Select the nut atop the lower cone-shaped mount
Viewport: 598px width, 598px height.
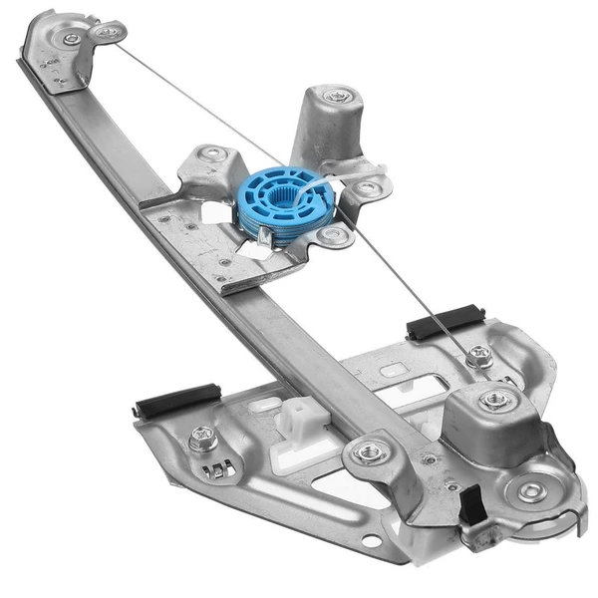tap(494, 400)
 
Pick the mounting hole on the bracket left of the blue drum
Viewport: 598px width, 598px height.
tap(211, 154)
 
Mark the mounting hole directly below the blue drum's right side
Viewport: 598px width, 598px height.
tap(334, 236)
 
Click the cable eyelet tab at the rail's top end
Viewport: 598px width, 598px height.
tap(106, 32)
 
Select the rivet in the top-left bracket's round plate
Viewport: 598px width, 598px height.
tap(71, 39)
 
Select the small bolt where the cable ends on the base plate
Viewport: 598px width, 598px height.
tap(479, 355)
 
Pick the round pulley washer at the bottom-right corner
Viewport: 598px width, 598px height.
tap(527, 489)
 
